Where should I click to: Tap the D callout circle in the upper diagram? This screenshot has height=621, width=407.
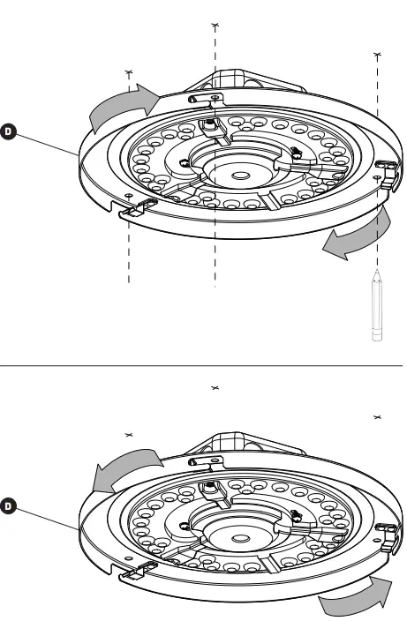pyautogui.click(x=9, y=132)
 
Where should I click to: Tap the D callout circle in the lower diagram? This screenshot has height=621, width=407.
pyautogui.click(x=9, y=507)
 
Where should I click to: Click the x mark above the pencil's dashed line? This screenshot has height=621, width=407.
pyautogui.click(x=378, y=54)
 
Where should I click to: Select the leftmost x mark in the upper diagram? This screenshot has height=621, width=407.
pyautogui.click(x=129, y=75)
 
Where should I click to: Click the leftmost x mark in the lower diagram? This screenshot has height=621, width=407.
pyautogui.click(x=129, y=434)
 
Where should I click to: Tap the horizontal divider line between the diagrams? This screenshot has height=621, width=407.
pyautogui.click(x=203, y=363)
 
